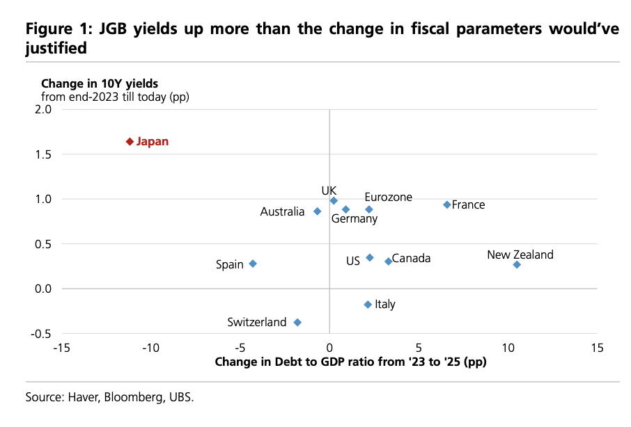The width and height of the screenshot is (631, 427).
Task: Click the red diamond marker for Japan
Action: click(130, 142)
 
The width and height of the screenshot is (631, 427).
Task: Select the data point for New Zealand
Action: click(517, 265)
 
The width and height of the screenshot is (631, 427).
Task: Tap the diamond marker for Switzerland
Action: click(297, 323)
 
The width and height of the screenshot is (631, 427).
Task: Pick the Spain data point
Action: click(253, 264)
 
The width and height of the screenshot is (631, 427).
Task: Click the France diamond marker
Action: click(447, 204)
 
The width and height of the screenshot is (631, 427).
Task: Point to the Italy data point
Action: click(368, 305)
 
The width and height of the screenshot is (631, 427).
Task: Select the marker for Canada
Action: click(388, 261)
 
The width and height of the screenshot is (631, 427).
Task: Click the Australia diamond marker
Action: click(318, 211)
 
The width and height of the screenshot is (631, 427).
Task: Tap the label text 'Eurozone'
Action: click(388, 198)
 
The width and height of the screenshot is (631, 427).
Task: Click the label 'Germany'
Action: click(354, 219)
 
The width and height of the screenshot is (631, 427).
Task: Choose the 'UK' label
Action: click(329, 191)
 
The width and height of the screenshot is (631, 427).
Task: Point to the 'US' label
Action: click(353, 261)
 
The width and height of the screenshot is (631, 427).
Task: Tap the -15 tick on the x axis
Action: click(62, 347)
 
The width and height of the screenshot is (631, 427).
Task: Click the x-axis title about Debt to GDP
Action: click(350, 362)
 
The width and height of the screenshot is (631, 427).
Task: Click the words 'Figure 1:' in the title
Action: click(54, 30)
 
